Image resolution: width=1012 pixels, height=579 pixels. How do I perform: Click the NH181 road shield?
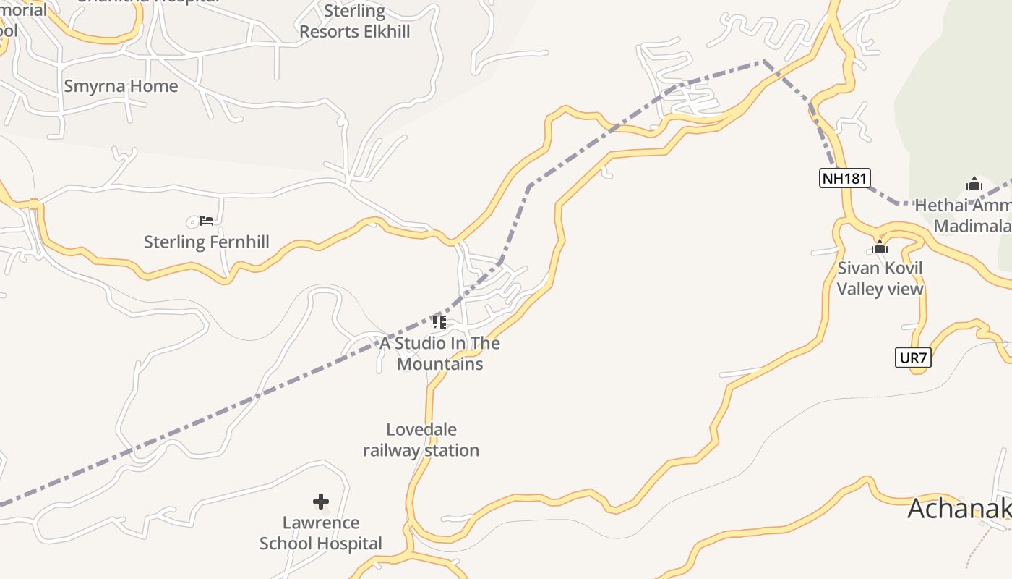click(844, 178)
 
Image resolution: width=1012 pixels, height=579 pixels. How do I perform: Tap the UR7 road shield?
click(913, 358)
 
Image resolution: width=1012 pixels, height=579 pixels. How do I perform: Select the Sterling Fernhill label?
click(206, 242)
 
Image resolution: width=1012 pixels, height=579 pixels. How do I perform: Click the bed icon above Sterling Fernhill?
click(207, 220)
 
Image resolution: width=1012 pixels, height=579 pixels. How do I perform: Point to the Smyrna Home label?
click(121, 86)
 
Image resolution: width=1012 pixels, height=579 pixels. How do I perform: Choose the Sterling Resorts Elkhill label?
click(354, 22)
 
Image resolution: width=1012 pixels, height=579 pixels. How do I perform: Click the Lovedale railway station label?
click(421, 440)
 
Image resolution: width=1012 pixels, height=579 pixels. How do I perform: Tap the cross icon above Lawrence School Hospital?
click(321, 501)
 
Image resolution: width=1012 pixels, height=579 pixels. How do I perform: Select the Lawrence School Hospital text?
click(321, 533)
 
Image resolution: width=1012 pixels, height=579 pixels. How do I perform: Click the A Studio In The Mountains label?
click(439, 353)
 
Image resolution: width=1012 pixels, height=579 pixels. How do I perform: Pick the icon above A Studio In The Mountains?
click(439, 321)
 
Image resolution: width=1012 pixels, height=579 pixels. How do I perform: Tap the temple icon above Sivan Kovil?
click(880, 248)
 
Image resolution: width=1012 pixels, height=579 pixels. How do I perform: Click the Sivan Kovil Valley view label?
click(880, 279)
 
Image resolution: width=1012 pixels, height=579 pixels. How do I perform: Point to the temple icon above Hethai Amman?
click(974, 185)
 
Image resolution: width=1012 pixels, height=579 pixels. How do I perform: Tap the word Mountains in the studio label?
click(439, 363)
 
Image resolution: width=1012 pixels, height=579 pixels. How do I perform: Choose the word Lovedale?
click(421, 430)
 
